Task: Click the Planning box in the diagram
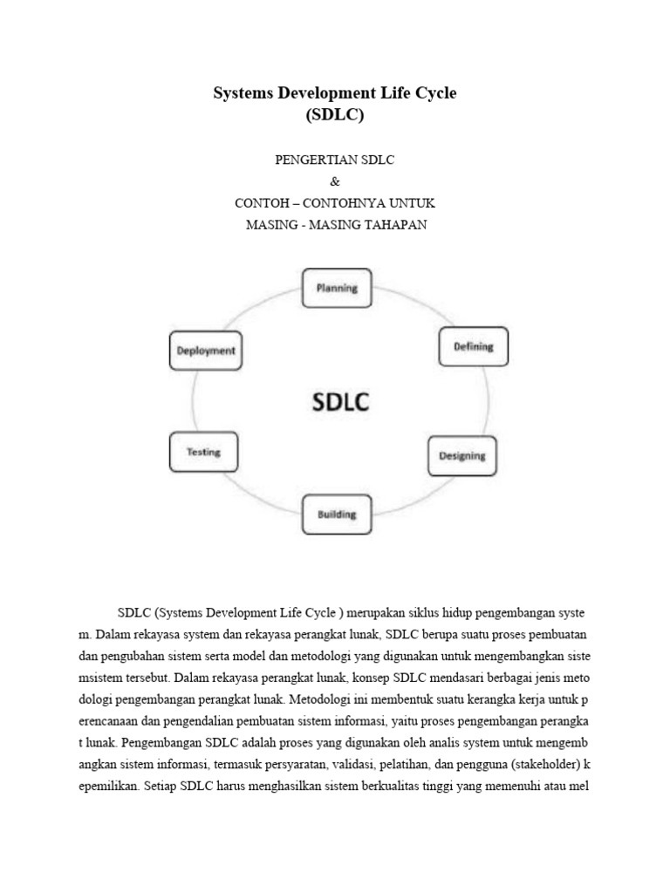click(x=337, y=289)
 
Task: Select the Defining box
click(x=473, y=346)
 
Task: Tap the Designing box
click(x=461, y=456)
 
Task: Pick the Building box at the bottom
click(x=336, y=515)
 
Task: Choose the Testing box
click(x=203, y=453)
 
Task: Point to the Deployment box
click(x=206, y=351)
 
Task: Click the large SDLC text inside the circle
click(x=341, y=403)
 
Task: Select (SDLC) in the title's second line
click(x=335, y=114)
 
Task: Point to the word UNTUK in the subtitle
click(x=416, y=203)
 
